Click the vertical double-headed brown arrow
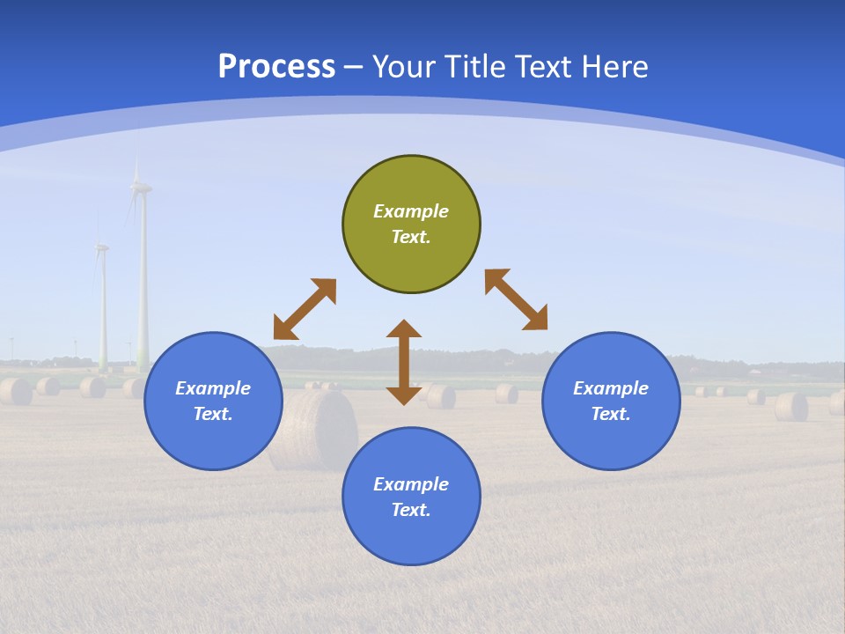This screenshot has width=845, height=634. point(404,362)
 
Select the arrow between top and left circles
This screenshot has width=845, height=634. point(305,309)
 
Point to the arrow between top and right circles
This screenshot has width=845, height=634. point(516,299)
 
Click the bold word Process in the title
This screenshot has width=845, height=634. point(276,67)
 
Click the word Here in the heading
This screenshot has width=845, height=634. point(615,67)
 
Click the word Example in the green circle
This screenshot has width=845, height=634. point(411,211)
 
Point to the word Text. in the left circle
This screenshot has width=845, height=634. point(213,414)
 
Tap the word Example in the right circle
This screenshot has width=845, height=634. point(611,388)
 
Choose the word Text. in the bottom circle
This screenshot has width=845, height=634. point(411,510)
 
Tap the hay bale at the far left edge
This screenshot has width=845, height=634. point(14,391)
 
